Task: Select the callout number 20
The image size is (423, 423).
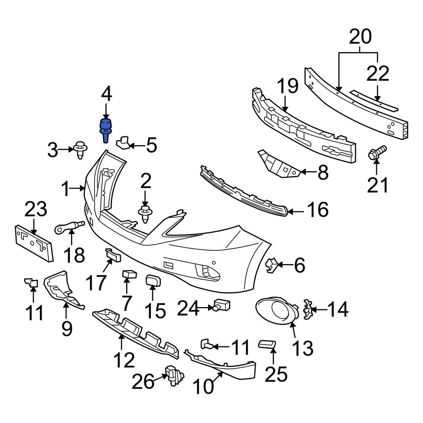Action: coord(360,37)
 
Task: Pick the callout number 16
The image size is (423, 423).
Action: coord(318,209)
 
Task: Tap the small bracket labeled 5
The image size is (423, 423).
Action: coord(122,143)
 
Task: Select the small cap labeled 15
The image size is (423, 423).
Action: coord(152,281)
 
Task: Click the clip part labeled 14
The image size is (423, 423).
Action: coord(308,310)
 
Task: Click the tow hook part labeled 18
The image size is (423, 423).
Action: coord(69,227)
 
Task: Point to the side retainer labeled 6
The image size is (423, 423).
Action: coord(271,266)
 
